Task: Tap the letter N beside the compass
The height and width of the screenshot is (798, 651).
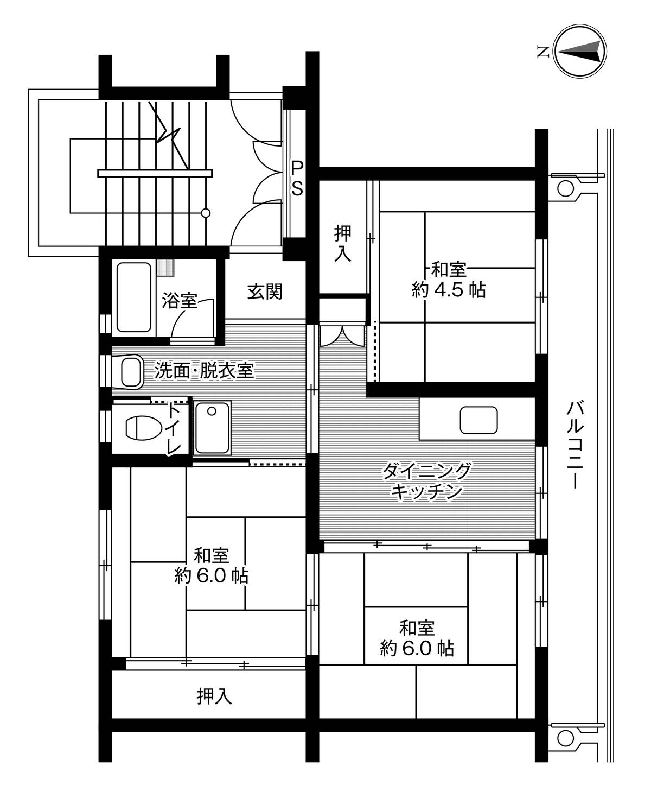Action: pos(542,53)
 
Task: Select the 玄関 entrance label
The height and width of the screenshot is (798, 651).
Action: pos(265,292)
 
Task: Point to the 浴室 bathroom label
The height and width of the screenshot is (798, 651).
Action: pos(179,300)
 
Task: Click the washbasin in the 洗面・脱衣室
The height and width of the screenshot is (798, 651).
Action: pos(131,372)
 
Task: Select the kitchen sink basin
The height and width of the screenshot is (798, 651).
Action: pos(478,420)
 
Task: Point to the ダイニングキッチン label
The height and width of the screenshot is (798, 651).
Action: pos(426,481)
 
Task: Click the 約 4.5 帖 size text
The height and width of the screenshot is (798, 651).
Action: pos(449,290)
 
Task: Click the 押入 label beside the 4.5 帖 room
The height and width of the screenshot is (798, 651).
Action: pos(342,244)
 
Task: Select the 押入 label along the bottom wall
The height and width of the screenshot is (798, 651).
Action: pos(214,695)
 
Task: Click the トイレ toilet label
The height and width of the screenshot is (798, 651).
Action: pos(174,429)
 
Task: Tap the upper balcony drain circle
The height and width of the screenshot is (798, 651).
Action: pos(565,188)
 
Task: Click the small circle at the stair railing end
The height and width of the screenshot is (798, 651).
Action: pos(206,213)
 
